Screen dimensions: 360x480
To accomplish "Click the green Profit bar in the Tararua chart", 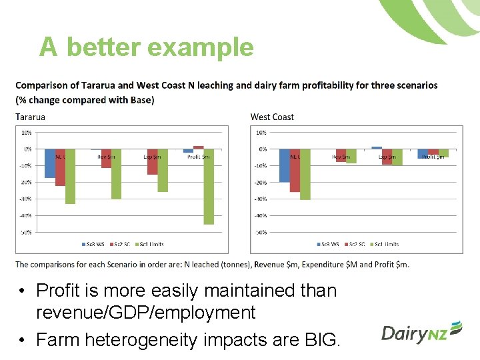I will (x=209, y=187).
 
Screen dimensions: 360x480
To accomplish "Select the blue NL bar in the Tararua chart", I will (x=49, y=163).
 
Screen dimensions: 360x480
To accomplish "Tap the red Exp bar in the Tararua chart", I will (x=153, y=162).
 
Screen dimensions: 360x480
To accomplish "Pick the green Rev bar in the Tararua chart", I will (x=117, y=174).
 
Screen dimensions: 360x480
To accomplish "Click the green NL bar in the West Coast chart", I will (x=305, y=175).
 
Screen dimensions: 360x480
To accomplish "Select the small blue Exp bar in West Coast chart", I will (x=377, y=147).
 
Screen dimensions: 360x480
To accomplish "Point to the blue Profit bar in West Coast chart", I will (x=423, y=154).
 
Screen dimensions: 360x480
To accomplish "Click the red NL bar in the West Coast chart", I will (x=295, y=171).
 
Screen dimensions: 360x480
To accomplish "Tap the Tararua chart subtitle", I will (x=30, y=117).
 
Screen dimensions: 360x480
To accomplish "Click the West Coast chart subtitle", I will (x=272, y=117).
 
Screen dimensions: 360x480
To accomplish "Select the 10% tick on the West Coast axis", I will (x=261, y=132).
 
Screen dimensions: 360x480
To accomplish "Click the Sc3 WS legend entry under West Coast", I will (x=329, y=245).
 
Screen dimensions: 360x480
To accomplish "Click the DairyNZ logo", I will (x=421, y=332).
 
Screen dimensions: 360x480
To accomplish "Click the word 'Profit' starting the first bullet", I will (x=60, y=291).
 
